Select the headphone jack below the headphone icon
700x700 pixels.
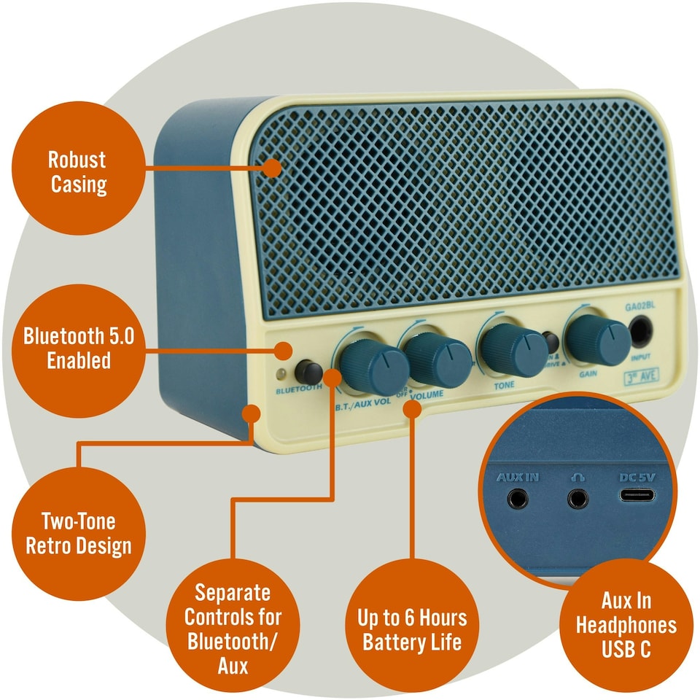click(x=577, y=499)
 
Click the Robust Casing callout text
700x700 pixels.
click(x=78, y=172)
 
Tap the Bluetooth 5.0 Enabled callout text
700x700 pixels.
click(x=78, y=349)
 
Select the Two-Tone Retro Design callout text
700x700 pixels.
click(x=79, y=534)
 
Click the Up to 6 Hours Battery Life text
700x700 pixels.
click(x=412, y=631)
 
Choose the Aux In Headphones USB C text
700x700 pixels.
click(x=626, y=625)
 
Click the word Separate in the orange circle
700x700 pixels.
click(x=232, y=592)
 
